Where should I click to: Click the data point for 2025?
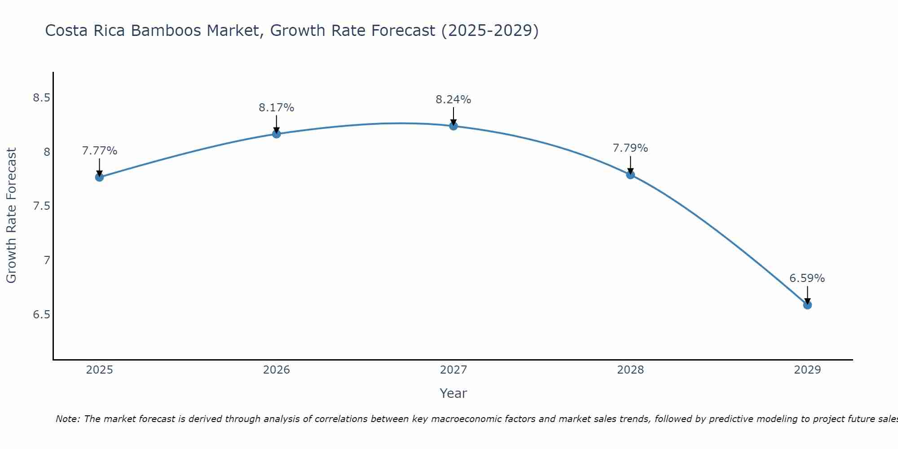tap(100, 177)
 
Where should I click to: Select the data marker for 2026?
tap(277, 134)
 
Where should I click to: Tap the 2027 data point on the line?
tap(453, 126)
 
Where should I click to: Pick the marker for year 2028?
tap(630, 175)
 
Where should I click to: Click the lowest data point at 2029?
tap(807, 305)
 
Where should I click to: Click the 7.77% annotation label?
tap(100, 151)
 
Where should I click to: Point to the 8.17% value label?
tap(277, 108)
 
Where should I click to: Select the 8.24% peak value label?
tap(453, 100)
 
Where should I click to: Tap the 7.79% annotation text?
tap(630, 148)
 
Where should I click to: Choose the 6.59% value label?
tap(807, 278)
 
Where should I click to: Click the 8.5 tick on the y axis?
tap(41, 98)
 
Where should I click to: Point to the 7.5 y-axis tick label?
tap(41, 206)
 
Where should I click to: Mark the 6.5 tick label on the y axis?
tap(41, 314)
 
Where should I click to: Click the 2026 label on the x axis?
tap(277, 370)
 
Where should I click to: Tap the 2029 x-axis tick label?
tap(807, 370)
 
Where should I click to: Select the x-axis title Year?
tap(453, 393)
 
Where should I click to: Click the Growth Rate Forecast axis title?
tap(12, 216)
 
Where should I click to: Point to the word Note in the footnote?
tap(67, 419)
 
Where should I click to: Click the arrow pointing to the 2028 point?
tap(630, 165)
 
